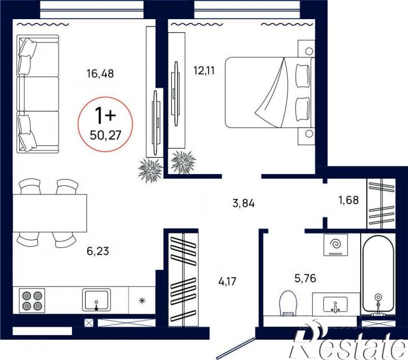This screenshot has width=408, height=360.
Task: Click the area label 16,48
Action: (x=100, y=74)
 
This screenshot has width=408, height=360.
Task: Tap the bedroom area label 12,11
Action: (x=204, y=70)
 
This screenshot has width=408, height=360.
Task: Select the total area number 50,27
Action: (x=106, y=135)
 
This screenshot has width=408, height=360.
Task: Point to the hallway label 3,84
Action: (x=243, y=203)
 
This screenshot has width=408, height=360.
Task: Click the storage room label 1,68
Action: (x=348, y=200)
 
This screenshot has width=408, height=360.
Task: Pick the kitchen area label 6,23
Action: (x=98, y=251)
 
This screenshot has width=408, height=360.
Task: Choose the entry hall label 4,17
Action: (x=227, y=281)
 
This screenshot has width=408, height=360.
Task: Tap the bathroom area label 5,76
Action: (x=305, y=278)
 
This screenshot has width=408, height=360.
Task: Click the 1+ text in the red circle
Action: (x=105, y=115)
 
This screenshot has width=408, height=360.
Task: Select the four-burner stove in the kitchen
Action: (x=32, y=300)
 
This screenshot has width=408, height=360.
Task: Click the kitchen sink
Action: (x=97, y=300)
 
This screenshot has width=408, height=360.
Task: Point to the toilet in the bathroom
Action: (x=288, y=303)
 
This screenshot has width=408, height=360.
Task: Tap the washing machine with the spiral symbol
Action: (x=335, y=245)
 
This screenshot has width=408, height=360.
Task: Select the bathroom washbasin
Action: (x=335, y=304)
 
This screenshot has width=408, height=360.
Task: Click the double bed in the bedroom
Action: (x=270, y=92)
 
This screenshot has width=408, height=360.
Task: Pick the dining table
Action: (x=50, y=213)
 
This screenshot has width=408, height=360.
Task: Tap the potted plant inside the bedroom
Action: (x=183, y=162)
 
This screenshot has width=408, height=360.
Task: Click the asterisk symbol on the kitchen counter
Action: (x=142, y=301)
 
